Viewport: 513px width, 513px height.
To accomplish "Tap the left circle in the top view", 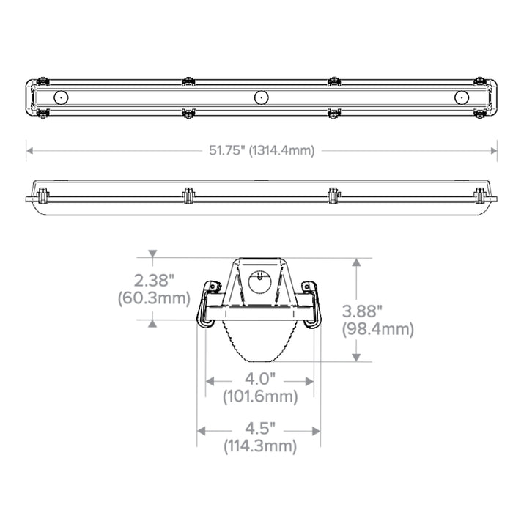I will (x=60, y=97).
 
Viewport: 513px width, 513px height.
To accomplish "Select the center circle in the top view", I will (x=260, y=97).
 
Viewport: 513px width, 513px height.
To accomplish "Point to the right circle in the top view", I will (x=462, y=97).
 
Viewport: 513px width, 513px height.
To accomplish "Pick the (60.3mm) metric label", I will (x=154, y=298).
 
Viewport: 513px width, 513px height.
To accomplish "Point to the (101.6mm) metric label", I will (x=259, y=397).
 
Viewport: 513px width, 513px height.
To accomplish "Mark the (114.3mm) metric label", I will (x=259, y=446).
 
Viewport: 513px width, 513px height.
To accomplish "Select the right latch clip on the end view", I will (x=314, y=305).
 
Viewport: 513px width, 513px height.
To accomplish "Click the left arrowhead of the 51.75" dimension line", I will (x=30, y=151).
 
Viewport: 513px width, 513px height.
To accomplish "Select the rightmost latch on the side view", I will (x=479, y=193).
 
